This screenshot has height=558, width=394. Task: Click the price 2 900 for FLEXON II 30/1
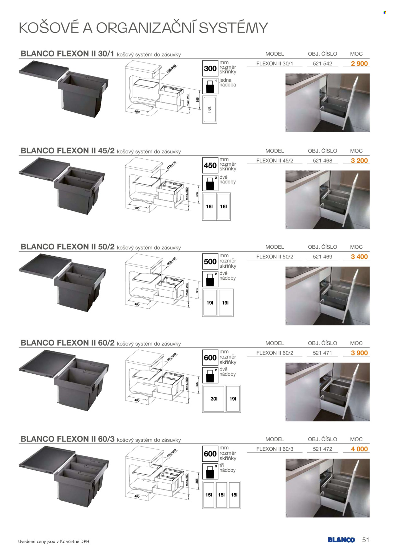pos(359,63)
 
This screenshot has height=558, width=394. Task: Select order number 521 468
pos(322,161)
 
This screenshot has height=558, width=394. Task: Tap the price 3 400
pos(359,257)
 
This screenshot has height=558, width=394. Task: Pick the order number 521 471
pos(322,353)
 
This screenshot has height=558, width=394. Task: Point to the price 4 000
pos(359,449)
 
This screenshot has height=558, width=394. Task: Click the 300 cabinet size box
pos(210,68)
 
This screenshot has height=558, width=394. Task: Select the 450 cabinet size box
pos(210,165)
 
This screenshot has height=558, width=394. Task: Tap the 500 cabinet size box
pos(210,262)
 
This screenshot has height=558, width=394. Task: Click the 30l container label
pos(214,399)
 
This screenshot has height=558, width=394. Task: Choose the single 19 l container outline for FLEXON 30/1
pos(210,110)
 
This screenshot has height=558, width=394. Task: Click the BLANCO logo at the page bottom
pos(341,540)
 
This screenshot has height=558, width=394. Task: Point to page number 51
pos(366,540)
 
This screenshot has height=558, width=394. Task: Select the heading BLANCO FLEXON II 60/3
pos(67,439)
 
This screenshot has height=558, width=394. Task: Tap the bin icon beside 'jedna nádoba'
pos(210,86)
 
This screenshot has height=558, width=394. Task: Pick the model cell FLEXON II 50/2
pos(275,257)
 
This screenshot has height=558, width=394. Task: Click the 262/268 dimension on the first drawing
pos(171,69)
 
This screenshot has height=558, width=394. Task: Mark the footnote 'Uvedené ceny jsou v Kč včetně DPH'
pos(54,542)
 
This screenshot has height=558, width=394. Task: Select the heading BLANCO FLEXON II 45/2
pos(67,151)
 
